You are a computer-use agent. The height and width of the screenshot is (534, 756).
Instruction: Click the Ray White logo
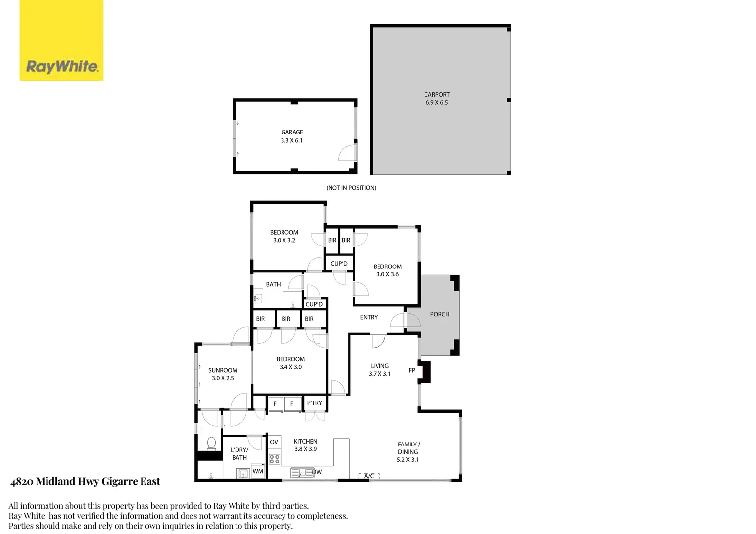pyautogui.click(x=61, y=41)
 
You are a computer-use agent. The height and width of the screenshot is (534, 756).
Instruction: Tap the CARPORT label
pyautogui.click(x=436, y=94)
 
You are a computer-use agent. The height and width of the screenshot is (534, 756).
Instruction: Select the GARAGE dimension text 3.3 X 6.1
pyautogui.click(x=291, y=140)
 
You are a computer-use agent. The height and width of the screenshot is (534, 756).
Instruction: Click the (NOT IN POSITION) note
pyautogui.click(x=351, y=188)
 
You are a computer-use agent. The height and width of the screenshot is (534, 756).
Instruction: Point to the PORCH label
pyautogui.click(x=439, y=314)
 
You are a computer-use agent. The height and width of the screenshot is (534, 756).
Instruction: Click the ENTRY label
pyautogui.click(x=369, y=317)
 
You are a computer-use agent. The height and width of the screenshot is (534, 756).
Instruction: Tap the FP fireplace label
pyautogui.click(x=412, y=370)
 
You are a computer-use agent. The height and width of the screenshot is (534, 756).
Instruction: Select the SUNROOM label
pyautogui.click(x=222, y=370)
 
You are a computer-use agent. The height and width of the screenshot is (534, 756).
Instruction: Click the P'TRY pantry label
pyautogui.click(x=314, y=403)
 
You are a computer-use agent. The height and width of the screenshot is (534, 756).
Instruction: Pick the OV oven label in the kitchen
pyautogui.click(x=274, y=442)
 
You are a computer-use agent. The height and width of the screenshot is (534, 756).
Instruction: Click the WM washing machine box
pyautogui.click(x=258, y=471)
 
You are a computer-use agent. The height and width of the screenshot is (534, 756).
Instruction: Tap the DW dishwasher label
pyautogui.click(x=317, y=472)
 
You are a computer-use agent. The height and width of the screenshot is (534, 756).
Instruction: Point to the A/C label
pyautogui.click(x=369, y=476)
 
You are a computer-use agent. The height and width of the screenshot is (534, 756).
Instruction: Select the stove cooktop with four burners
pyautogui.click(x=274, y=459)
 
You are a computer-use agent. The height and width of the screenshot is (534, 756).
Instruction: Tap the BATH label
pyautogui.click(x=273, y=284)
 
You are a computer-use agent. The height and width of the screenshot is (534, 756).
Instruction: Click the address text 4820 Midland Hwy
pyautogui.click(x=85, y=481)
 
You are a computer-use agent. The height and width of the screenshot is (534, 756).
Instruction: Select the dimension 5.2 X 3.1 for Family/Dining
pyautogui.click(x=407, y=460)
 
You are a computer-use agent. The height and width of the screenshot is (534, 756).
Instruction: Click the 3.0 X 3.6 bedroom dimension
pyautogui.click(x=387, y=274)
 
